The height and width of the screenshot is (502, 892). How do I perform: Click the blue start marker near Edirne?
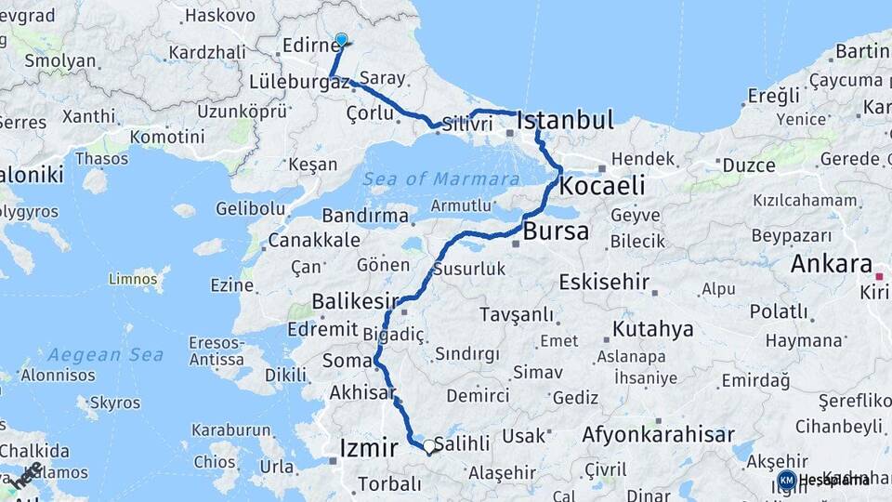[341, 40]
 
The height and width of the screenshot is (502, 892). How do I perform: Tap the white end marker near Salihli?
[429, 446]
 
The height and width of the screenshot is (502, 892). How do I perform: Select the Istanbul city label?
[565, 120]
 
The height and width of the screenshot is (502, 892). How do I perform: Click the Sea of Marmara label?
[440, 178]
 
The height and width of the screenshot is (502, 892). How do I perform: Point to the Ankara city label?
[831, 264]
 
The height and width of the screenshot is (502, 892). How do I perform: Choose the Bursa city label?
[556, 231]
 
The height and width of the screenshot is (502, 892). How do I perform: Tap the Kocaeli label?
[602, 186]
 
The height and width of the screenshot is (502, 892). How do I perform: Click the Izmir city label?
[369, 448]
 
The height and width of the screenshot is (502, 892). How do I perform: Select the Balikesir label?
[348, 301]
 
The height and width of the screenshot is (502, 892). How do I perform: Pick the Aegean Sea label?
[105, 354]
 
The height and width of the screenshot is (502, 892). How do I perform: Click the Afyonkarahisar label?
[658, 434]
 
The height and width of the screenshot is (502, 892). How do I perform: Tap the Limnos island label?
[134, 278]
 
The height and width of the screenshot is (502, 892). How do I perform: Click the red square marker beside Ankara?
[879, 276]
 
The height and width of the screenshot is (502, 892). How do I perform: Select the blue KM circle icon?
[787, 480]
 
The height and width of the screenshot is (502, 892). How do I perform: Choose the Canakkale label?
[313, 241]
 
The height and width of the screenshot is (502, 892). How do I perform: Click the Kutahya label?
[652, 329]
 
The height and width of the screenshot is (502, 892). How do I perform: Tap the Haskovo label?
[220, 15]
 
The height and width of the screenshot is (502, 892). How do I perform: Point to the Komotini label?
[167, 137]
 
